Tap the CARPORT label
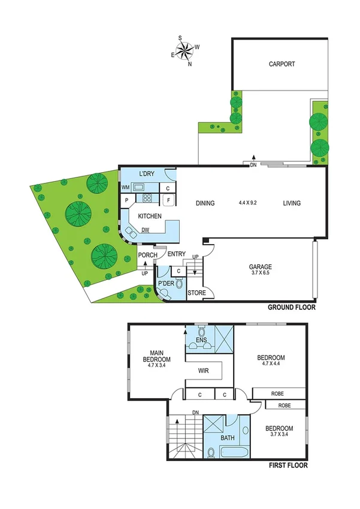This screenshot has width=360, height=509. [x=282, y=64]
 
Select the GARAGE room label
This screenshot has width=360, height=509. [x=261, y=267]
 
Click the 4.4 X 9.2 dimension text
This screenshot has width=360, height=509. [x=247, y=203]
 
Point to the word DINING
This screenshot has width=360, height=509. [x=205, y=203]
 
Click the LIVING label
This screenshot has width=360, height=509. [x=292, y=203]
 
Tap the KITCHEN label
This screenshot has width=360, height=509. [x=150, y=216]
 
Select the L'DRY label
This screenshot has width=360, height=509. [x=147, y=174]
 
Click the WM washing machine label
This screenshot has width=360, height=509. [x=126, y=187]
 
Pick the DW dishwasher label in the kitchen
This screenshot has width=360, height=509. [x=145, y=230]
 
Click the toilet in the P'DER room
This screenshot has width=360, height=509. [x=178, y=286]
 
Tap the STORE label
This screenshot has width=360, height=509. [x=196, y=293]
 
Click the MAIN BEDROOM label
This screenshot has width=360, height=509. [x=157, y=356]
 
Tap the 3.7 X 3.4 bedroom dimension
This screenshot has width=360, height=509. [x=279, y=436]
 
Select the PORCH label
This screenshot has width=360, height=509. [x=147, y=255]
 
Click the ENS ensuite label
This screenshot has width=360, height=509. [x=201, y=341]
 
